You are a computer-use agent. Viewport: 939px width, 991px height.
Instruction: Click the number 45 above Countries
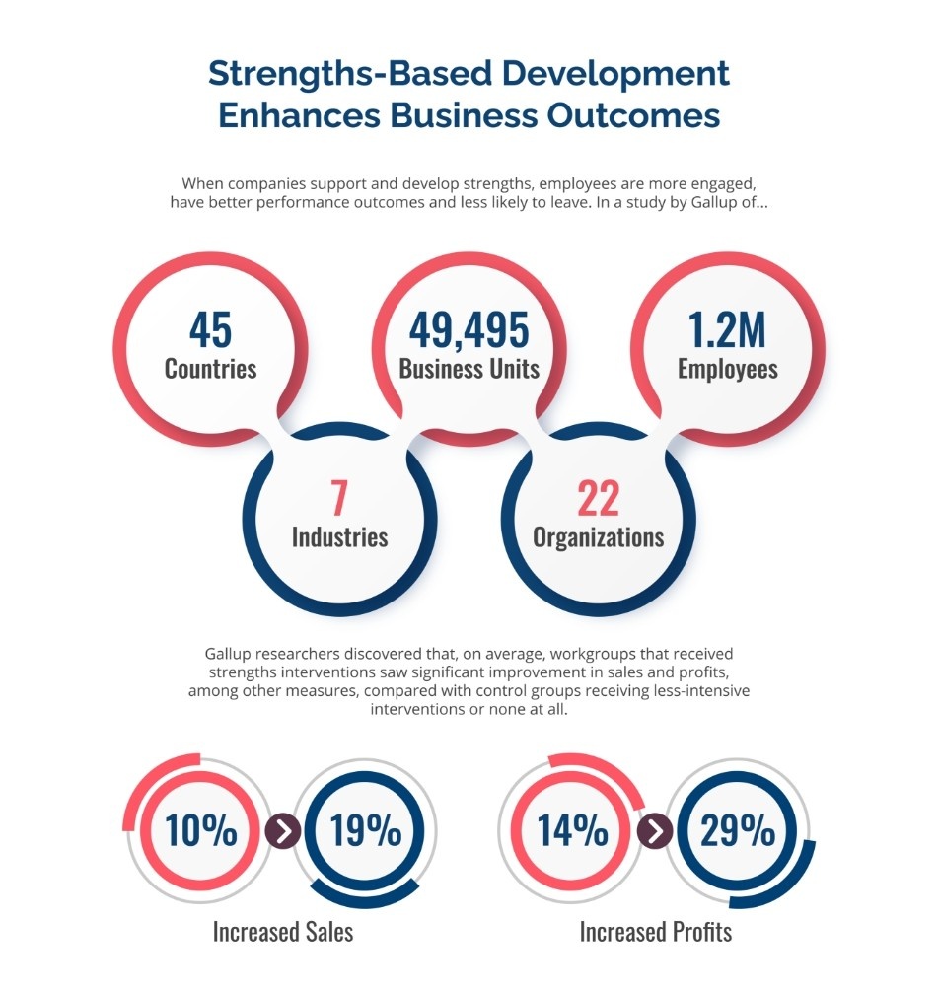click(x=210, y=330)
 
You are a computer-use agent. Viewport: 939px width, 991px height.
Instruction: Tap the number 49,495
click(x=469, y=330)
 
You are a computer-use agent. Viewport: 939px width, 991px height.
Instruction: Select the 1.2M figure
click(x=727, y=330)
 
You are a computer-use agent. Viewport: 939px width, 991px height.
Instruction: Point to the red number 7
click(x=338, y=499)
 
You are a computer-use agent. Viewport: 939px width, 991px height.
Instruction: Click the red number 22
click(x=598, y=499)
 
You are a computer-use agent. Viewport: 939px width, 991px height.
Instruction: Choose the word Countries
click(x=210, y=369)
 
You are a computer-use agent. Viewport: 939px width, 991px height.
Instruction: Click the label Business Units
click(x=469, y=369)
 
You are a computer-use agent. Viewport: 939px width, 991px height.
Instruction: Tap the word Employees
click(x=727, y=369)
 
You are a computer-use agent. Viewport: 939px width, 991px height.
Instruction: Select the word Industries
click(x=339, y=537)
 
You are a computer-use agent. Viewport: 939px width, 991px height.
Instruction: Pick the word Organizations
click(x=598, y=537)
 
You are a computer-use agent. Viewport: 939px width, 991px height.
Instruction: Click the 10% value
click(x=201, y=831)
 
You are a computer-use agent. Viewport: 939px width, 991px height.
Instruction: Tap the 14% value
click(x=572, y=831)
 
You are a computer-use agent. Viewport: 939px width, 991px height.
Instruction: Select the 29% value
click(x=737, y=831)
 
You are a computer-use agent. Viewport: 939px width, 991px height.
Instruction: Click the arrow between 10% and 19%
click(x=283, y=831)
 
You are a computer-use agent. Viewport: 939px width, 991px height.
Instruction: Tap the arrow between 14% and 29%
click(x=654, y=831)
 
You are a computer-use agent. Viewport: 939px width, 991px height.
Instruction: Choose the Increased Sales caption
click(x=283, y=932)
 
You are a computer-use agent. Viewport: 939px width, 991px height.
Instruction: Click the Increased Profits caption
click(x=656, y=932)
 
